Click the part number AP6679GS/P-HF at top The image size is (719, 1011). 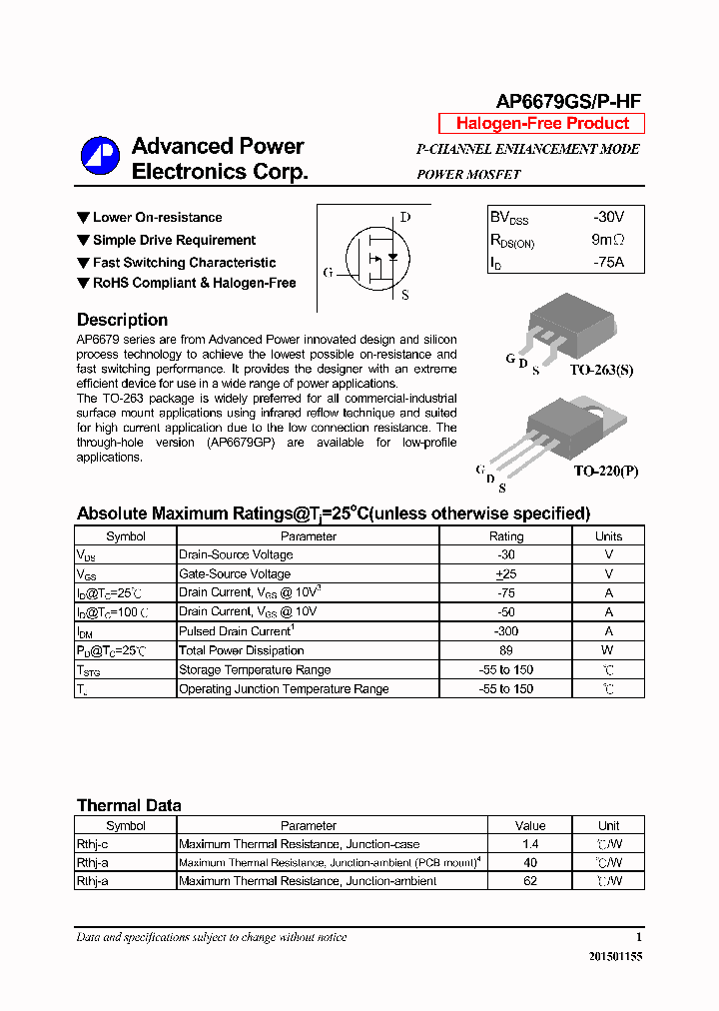tap(568, 101)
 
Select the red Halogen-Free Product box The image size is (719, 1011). tap(542, 124)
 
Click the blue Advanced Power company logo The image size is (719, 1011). tap(100, 158)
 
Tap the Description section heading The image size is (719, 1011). tap(122, 320)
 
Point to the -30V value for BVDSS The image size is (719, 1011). tap(607, 217)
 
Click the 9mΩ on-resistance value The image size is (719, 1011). tap(607, 240)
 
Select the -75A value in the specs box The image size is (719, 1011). tap(607, 263)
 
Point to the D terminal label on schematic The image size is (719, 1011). tap(404, 217)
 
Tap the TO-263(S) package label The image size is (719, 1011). tap(602, 370)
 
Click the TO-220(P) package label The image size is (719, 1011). tap(605, 470)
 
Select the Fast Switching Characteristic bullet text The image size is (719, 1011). tap(184, 263)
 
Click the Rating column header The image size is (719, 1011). tap(505, 535)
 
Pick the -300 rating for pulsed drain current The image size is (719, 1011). tap(505, 631)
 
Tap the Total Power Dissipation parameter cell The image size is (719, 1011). tap(241, 650)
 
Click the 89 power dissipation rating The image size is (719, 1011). tap(505, 650)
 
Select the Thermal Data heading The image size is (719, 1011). tap(129, 805)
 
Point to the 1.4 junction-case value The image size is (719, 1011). tap(530, 844)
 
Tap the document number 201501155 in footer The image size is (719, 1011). tap(615, 956)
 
